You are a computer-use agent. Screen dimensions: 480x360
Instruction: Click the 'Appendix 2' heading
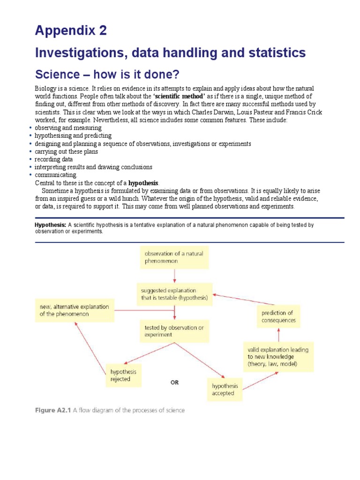point(71,31)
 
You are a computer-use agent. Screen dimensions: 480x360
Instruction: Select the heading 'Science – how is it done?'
point(107,75)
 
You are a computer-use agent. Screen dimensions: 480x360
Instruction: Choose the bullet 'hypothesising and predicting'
point(73,136)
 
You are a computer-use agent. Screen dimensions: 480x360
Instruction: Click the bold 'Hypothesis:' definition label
point(51,225)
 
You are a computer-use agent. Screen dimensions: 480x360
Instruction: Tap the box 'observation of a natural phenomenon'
point(174,257)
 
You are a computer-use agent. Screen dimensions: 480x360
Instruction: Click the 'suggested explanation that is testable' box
point(173,294)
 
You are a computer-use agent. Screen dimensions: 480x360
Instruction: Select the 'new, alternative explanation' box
point(75,310)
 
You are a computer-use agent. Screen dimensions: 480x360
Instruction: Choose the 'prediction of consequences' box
point(278,316)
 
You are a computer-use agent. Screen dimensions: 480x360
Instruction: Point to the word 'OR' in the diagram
point(174,382)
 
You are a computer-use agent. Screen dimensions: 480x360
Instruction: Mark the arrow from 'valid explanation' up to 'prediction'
point(279,336)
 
